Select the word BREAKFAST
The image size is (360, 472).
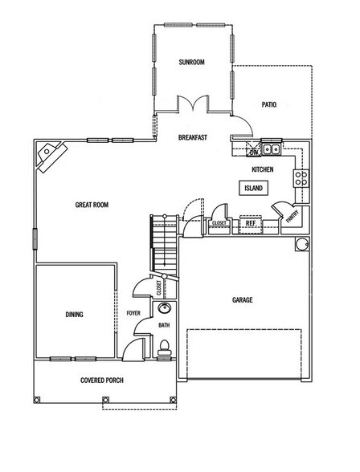[x=193, y=138]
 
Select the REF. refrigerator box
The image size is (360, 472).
[x=251, y=223]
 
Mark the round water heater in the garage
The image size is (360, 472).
[x=302, y=245]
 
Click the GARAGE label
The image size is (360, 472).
[x=243, y=299]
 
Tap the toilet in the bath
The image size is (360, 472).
[x=164, y=348]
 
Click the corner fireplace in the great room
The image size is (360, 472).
[x=50, y=154]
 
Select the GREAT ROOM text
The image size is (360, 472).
[x=92, y=205]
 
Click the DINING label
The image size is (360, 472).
[x=74, y=315]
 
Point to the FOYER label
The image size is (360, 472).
[x=133, y=315]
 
